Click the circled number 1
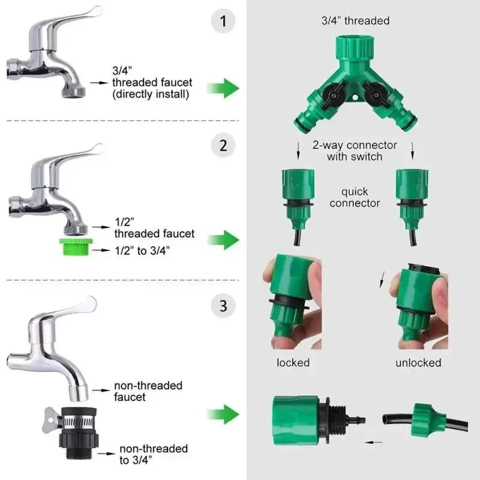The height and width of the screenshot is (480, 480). click(223, 23)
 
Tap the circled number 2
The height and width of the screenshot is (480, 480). click(223, 145)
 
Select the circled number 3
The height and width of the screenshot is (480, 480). click(223, 306)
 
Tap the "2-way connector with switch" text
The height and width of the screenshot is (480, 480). click(354, 151)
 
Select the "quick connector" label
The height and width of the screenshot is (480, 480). click(355, 197)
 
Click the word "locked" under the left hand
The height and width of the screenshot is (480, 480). click(293, 362)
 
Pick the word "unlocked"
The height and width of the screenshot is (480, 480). click(418, 362)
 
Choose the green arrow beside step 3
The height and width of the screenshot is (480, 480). click(223, 414)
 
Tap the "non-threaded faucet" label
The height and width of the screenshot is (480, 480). click(148, 391)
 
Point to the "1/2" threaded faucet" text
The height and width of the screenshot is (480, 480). click(154, 228)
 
